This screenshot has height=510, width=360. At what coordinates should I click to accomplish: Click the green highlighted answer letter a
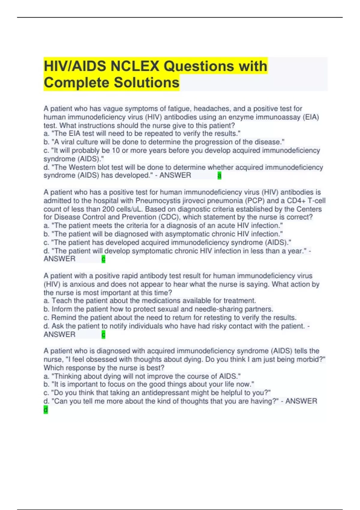[x=219, y=175]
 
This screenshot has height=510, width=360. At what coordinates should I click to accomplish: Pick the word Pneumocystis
[x=155, y=201]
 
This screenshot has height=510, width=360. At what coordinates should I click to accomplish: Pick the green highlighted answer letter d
[x=46, y=409]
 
